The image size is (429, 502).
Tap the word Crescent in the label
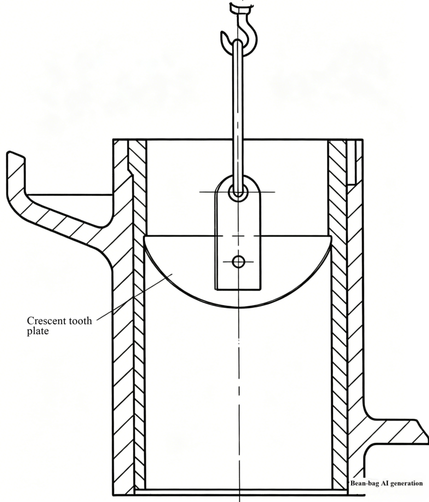coord(47,321)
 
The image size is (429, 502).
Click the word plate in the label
coord(38,331)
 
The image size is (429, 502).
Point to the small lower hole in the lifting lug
coord(238,262)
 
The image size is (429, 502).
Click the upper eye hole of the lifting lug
coord(238,192)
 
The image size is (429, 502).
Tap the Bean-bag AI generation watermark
coord(386,483)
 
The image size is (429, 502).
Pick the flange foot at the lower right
coord(397,432)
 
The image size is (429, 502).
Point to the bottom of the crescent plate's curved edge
coord(238,308)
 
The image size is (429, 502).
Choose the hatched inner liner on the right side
coord(338,320)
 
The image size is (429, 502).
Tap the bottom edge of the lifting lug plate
coord(238,289)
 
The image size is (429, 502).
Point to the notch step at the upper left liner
coord(130,173)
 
